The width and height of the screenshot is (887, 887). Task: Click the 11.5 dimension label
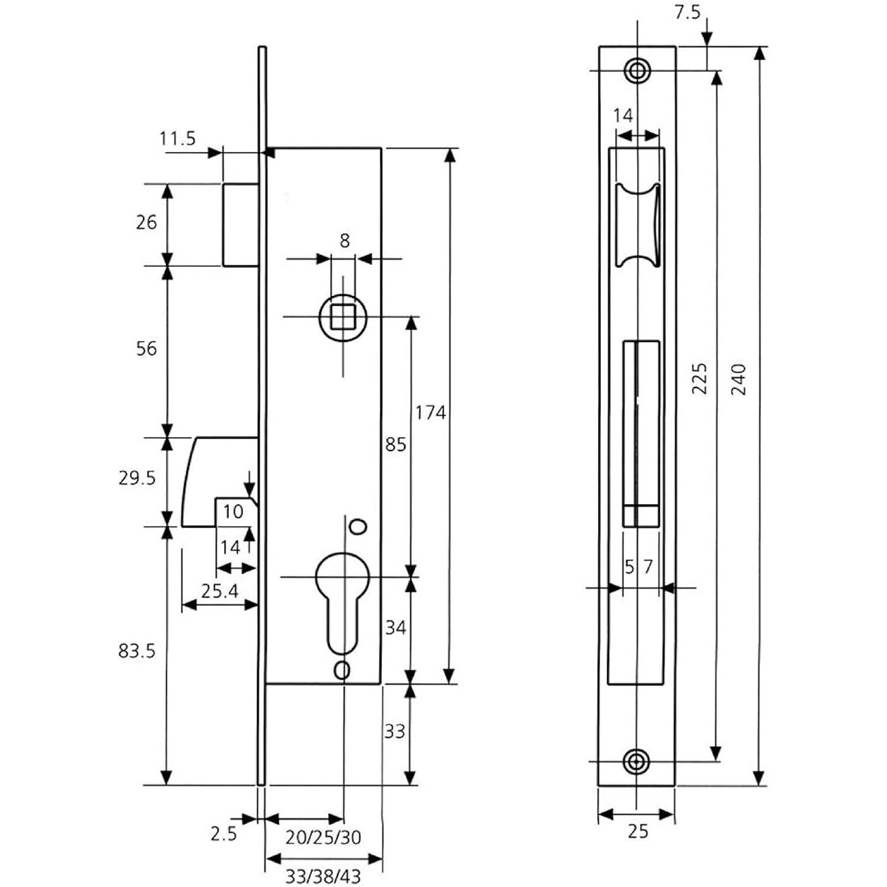coord(177,139)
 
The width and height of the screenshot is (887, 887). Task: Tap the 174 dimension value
coord(430,412)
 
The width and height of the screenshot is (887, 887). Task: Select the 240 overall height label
coord(739,380)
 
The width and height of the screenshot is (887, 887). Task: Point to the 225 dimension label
coord(700,379)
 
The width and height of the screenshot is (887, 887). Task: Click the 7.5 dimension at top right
coord(687,12)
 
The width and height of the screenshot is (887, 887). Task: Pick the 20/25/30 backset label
coord(323,837)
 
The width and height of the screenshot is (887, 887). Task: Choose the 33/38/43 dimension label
coord(323,876)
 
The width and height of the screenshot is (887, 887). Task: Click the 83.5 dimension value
coord(137,651)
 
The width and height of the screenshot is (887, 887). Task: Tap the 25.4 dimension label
coord(219,590)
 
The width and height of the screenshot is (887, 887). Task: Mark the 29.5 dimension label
coord(137,478)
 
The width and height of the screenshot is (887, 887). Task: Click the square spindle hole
coord(343,317)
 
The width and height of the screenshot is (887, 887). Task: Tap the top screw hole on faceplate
coord(637,70)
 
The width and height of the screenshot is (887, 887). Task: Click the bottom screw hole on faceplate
coord(637,762)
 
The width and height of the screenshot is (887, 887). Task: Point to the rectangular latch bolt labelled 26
coord(241,225)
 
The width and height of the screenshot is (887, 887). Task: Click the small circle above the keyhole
coord(358,527)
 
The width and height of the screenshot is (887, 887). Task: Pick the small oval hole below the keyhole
coord(342,670)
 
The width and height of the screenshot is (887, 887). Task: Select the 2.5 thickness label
coord(224,834)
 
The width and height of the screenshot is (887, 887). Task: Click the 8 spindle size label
coord(345,241)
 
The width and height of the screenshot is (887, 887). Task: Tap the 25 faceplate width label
coord(637,831)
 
